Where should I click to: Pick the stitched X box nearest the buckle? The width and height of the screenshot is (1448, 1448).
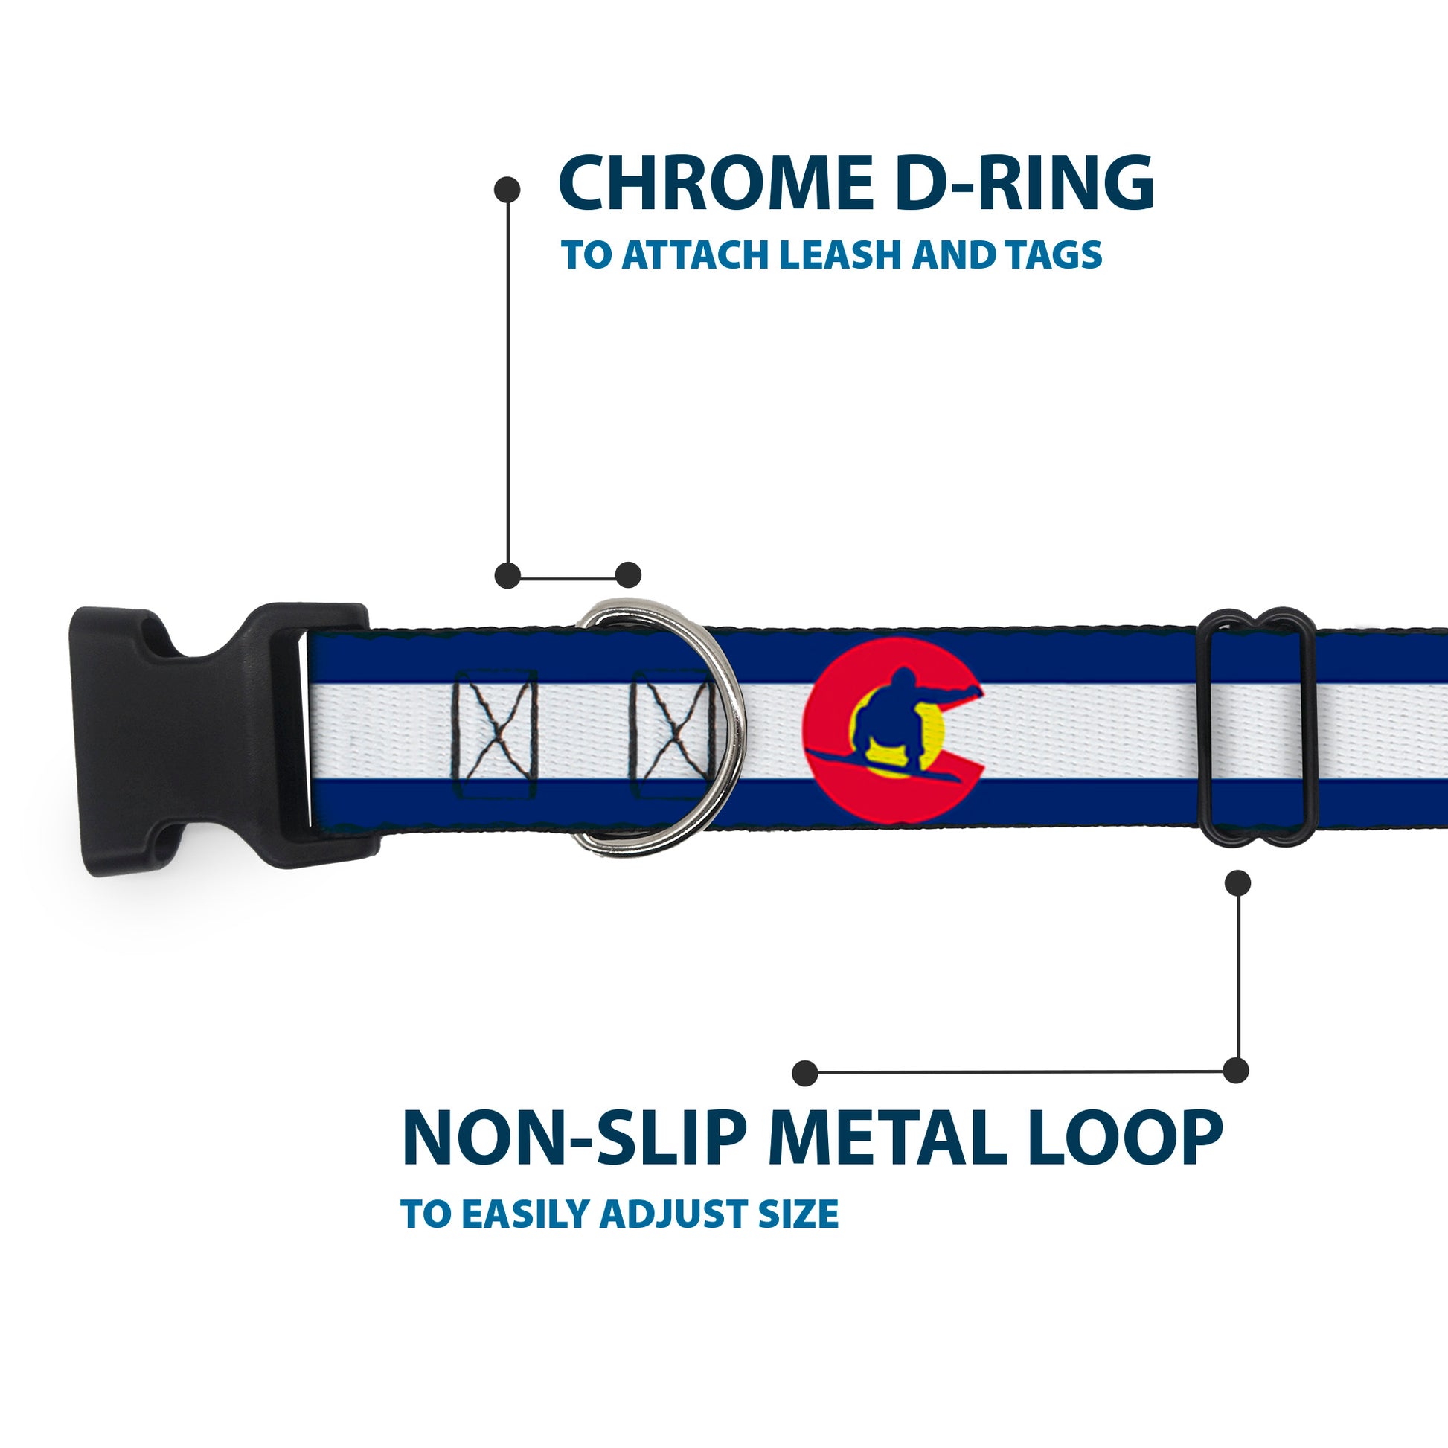point(495,734)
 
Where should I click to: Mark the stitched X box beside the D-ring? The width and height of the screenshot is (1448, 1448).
point(669,734)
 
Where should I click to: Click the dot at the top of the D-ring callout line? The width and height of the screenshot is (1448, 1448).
point(507,189)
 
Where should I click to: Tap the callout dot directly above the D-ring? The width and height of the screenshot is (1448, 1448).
point(628,575)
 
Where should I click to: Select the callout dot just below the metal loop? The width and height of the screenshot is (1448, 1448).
point(1237,883)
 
